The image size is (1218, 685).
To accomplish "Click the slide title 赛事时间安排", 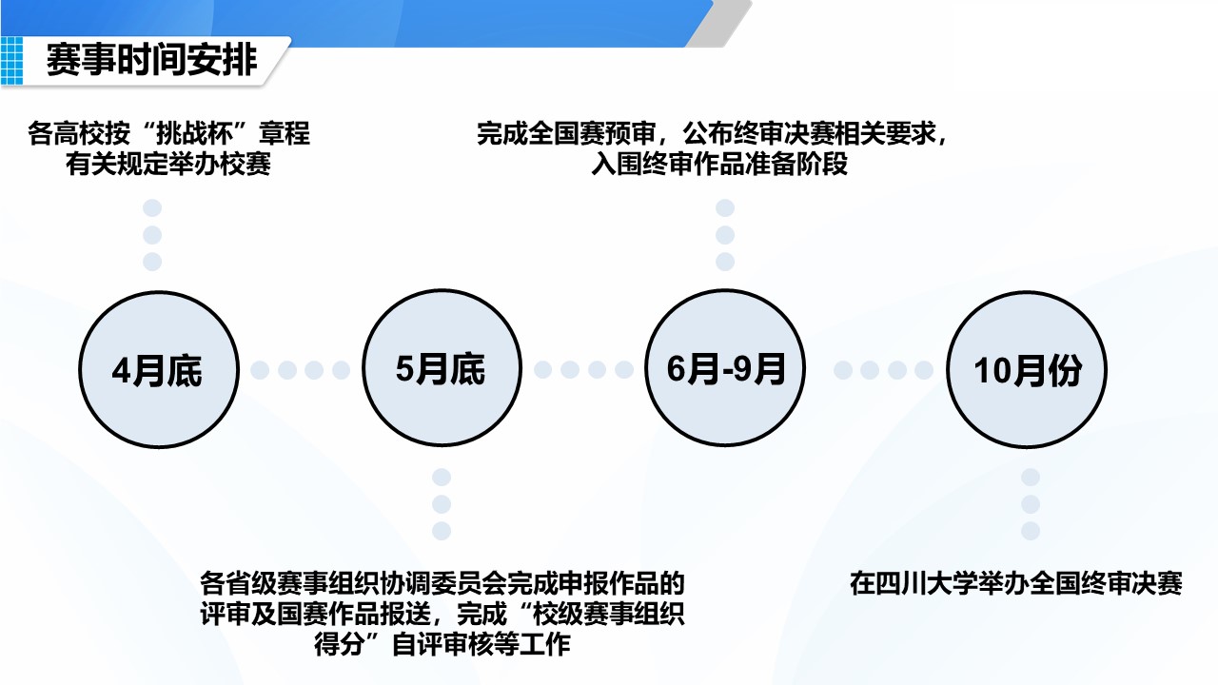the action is point(151,59).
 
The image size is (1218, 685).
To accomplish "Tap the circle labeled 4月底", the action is point(159,370).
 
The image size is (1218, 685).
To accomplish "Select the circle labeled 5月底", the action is point(442,368).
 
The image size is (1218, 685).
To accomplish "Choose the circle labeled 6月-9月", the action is point(725,368).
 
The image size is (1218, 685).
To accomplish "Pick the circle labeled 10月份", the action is point(1027,370).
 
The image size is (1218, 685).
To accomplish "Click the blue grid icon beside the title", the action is point(12,60).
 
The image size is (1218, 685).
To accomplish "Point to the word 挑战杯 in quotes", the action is point(194,133).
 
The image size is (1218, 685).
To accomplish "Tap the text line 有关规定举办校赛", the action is point(168,164).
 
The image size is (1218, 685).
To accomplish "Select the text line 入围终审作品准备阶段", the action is point(719,164).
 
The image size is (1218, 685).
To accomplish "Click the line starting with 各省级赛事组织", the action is point(442,583).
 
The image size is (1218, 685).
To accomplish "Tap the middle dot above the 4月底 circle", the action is point(152,235).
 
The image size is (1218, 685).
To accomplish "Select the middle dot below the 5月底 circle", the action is point(442,504).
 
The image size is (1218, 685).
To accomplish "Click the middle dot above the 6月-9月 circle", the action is point(725,235).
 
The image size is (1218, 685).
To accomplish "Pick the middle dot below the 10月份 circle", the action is point(1031,504).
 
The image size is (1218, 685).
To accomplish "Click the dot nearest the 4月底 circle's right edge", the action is point(260,370).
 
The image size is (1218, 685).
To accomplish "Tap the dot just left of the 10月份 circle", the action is point(924,370).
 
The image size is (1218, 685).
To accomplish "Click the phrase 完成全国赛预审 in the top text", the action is point(566,133).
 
